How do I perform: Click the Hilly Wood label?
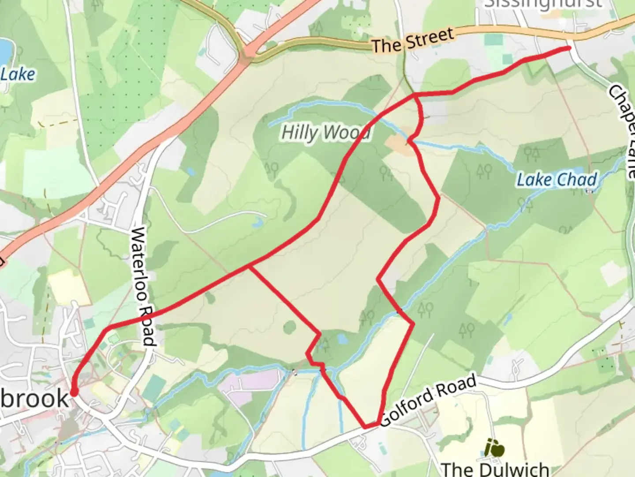(x=325, y=132)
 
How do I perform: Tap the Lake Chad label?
(x=557, y=180)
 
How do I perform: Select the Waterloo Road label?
(x=144, y=286)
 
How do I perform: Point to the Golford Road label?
(x=428, y=400)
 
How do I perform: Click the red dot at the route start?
(x=74, y=392)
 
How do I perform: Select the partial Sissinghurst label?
(x=542, y=4)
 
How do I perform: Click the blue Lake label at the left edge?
(x=18, y=74)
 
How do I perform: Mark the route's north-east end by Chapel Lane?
(x=569, y=48)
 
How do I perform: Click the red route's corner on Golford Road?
(x=366, y=427)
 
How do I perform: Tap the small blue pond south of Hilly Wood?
(x=342, y=339)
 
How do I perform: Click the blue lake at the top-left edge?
(x=4, y=51)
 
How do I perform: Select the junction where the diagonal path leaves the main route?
(x=250, y=266)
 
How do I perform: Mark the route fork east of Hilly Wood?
(x=415, y=95)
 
